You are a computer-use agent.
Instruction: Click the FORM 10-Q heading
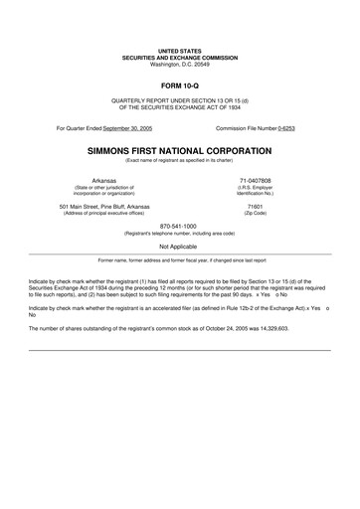pyautogui.click(x=179, y=87)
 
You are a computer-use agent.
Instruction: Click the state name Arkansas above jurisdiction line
pyautogui.click(x=103, y=180)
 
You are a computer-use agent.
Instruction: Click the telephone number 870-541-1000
pyautogui.click(x=179, y=225)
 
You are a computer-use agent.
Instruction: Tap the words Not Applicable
pyautogui.click(x=179, y=245)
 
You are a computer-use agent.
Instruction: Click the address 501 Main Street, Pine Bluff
pyautogui.click(x=103, y=206)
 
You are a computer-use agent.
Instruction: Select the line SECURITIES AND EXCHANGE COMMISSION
pyautogui.click(x=179, y=58)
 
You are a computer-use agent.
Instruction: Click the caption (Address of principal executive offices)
pyautogui.click(x=103, y=213)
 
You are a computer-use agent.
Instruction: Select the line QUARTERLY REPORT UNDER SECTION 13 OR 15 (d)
pyautogui.click(x=179, y=102)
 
